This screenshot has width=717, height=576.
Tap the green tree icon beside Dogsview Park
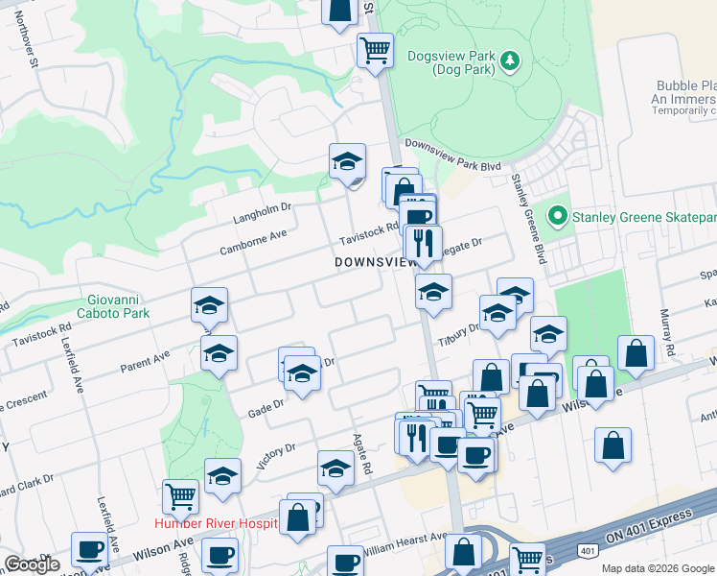(x=512, y=61)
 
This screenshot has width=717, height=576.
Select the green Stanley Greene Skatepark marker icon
(x=556, y=217)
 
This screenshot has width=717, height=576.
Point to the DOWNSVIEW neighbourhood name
(x=375, y=262)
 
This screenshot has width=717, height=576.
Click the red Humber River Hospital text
(x=216, y=523)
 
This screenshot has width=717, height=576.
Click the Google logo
(x=32, y=564)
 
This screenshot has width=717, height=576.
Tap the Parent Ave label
(x=145, y=361)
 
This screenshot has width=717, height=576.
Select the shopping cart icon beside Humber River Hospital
(x=180, y=496)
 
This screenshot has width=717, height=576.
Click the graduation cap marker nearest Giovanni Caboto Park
(x=209, y=305)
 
